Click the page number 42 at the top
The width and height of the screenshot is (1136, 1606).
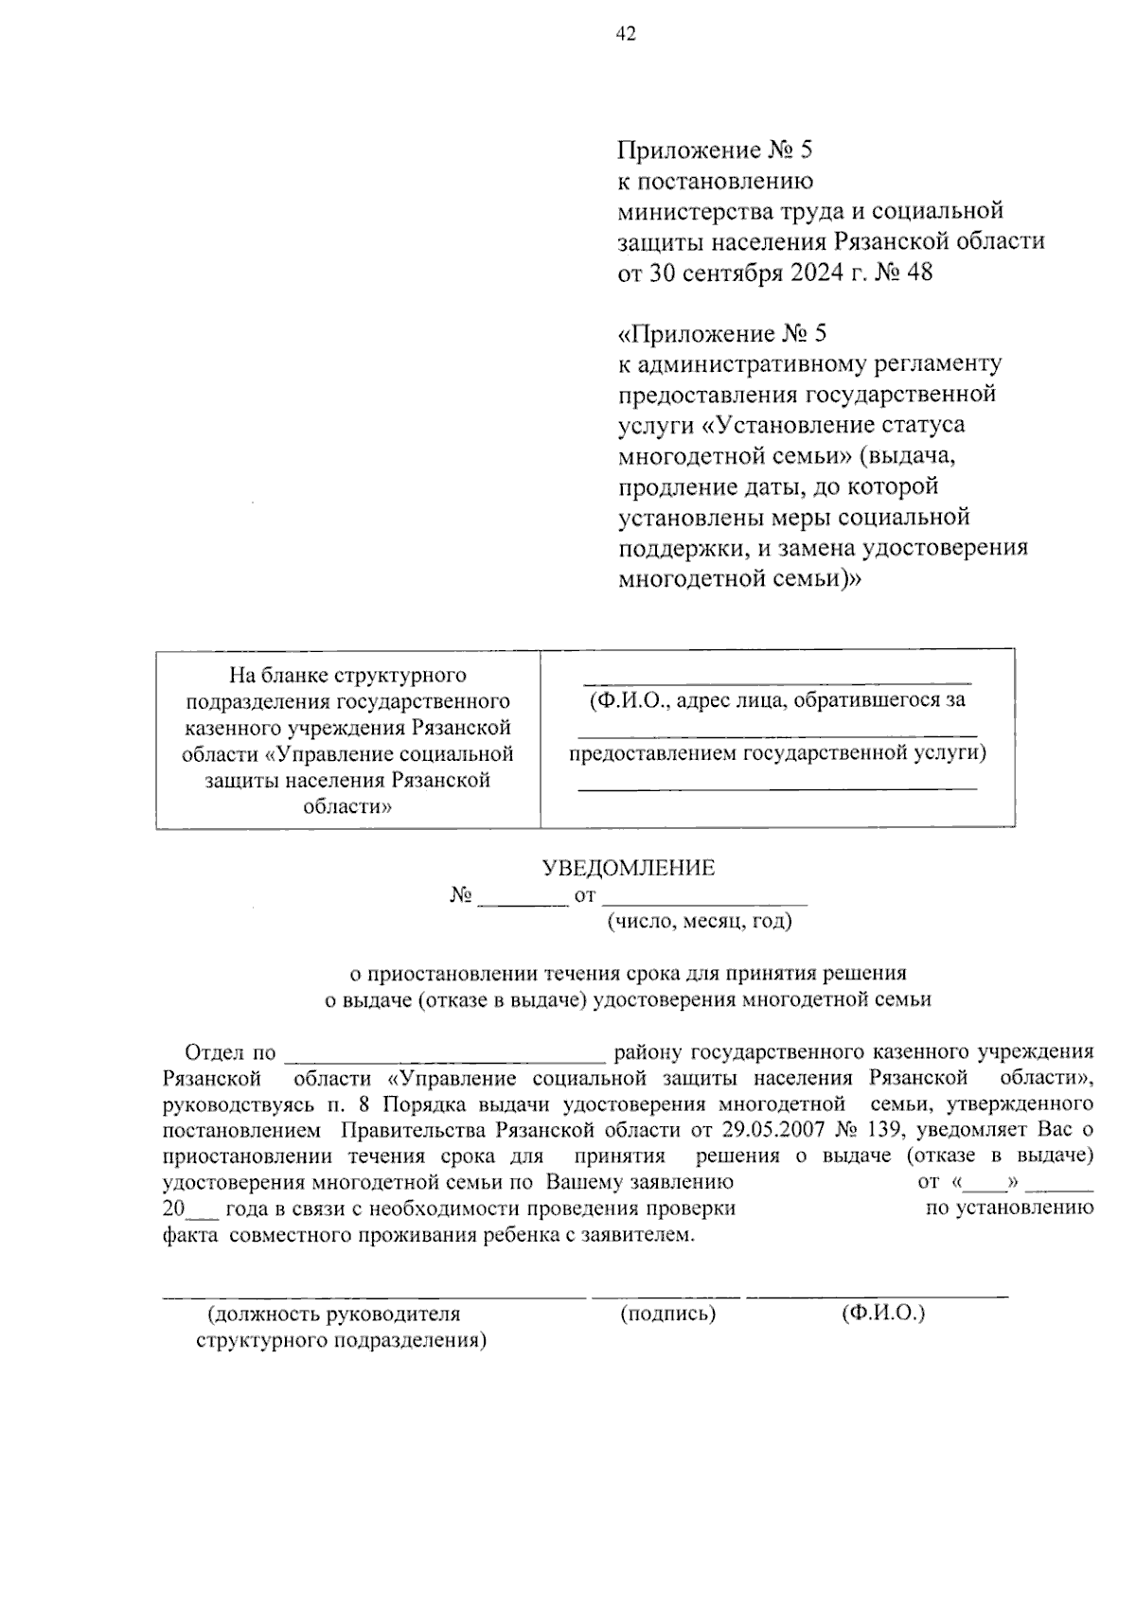[626, 34]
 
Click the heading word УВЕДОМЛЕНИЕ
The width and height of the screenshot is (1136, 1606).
[628, 868]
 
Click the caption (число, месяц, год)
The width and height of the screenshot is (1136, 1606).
[699, 921]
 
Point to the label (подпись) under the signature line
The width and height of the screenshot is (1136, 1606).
[667, 1314]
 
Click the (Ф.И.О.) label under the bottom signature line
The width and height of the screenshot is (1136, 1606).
[882, 1314]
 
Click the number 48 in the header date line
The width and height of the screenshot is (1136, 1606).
[918, 273]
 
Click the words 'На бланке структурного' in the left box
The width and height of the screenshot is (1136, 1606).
[348, 676]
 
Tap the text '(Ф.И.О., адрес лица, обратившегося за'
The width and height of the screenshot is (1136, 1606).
[776, 701]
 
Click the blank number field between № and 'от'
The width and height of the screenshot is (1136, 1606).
[523, 898]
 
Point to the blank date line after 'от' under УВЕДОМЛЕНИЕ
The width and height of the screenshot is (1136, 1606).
[704, 898]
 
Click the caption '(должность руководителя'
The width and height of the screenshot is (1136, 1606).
[334, 1314]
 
